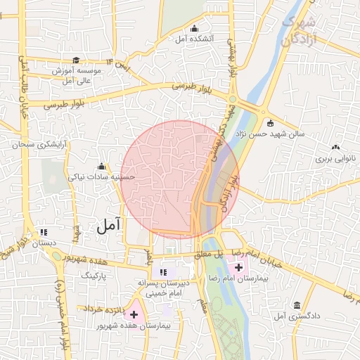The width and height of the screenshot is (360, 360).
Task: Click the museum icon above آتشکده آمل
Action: tap(195, 28)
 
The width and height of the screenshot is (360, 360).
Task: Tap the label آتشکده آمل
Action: tap(195, 39)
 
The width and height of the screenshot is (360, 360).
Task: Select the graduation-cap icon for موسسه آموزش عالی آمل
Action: tap(76, 60)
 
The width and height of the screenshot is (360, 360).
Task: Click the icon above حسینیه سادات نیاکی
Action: tap(101, 167)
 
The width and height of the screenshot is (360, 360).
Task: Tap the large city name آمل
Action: tap(108, 225)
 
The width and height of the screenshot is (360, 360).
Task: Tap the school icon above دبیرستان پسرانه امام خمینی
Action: tap(163, 272)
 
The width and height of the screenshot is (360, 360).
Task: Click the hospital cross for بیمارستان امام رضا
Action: tap(239, 267)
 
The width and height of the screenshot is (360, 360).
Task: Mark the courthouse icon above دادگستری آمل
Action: tap(297, 305)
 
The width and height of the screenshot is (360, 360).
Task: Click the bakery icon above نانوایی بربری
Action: tap(335, 148)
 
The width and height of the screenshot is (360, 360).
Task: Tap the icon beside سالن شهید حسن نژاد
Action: tap(270, 124)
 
